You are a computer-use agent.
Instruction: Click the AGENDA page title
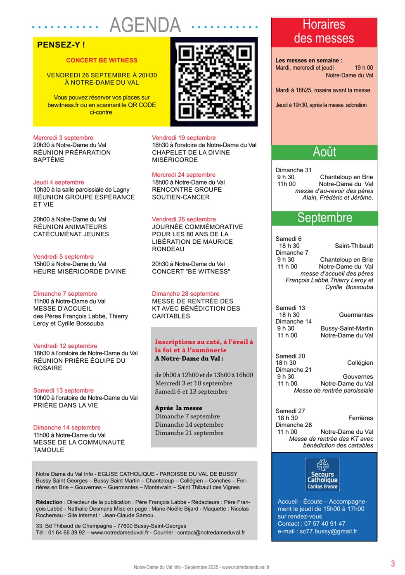145,25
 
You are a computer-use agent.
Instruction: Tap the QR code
214,82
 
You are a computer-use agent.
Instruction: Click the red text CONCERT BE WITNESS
102,60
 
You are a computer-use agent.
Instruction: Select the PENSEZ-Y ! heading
61,45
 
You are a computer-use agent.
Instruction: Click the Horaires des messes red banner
324,31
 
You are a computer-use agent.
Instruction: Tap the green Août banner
324,152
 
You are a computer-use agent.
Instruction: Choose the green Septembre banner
324,218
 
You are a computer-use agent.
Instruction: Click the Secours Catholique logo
322,474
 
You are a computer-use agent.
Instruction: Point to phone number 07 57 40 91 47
324,524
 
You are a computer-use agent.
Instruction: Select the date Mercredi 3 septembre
63,138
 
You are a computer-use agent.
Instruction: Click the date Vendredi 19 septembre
184,138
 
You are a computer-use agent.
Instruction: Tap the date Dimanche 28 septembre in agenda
185,294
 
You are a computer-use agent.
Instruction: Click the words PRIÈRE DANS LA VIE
66,405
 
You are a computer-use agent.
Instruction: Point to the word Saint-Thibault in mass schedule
354,246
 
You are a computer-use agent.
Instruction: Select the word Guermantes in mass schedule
356,315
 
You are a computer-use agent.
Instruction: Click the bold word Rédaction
49,502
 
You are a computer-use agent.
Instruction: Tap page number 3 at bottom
393,563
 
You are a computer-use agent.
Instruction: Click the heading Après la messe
178,408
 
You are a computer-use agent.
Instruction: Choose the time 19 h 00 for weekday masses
363,68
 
